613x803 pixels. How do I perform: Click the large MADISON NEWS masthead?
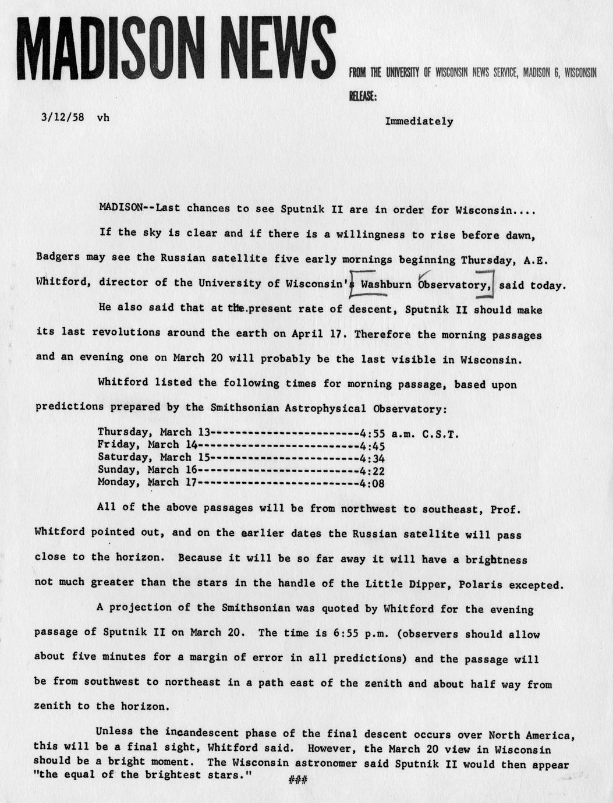point(175,47)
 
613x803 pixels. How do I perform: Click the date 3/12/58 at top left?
point(62,117)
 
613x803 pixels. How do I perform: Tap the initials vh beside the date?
point(103,117)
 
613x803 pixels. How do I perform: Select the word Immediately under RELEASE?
point(419,121)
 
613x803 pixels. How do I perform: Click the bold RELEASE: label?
point(362,97)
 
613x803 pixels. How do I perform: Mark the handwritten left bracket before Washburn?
point(353,284)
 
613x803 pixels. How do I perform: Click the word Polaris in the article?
point(480,585)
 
